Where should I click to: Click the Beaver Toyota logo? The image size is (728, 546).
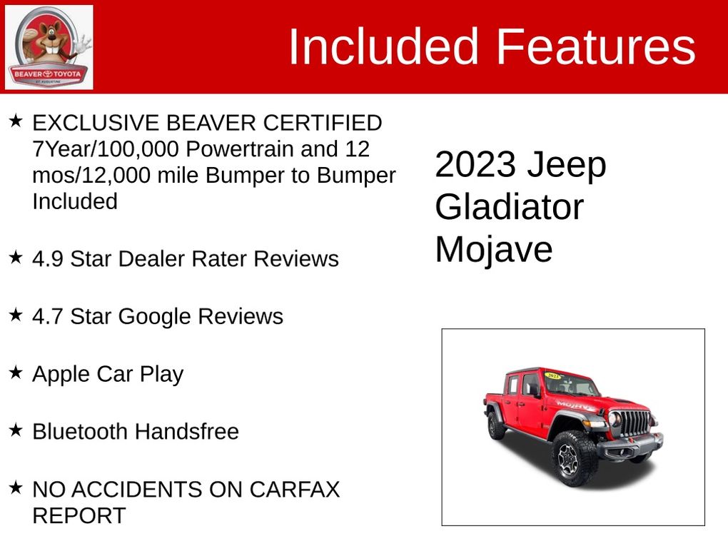tap(49, 47)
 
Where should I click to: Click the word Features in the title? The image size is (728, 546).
tap(596, 46)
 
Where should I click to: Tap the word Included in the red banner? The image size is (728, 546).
tap(383, 46)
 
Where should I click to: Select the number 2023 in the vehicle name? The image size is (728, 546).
tap(475, 164)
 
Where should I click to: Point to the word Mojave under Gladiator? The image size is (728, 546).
tap(493, 250)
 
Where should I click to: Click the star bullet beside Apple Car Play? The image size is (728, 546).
tap(16, 372)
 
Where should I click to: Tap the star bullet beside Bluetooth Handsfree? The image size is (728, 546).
tap(16, 430)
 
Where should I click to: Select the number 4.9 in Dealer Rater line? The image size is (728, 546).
tap(47, 259)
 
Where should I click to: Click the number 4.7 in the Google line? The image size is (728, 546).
tap(47, 317)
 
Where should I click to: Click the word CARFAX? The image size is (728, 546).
tap(294, 490)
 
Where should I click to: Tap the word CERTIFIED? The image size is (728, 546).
tap(323, 123)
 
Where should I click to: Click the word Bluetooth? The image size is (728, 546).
tap(80, 432)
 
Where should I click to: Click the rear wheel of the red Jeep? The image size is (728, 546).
tap(495, 425)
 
